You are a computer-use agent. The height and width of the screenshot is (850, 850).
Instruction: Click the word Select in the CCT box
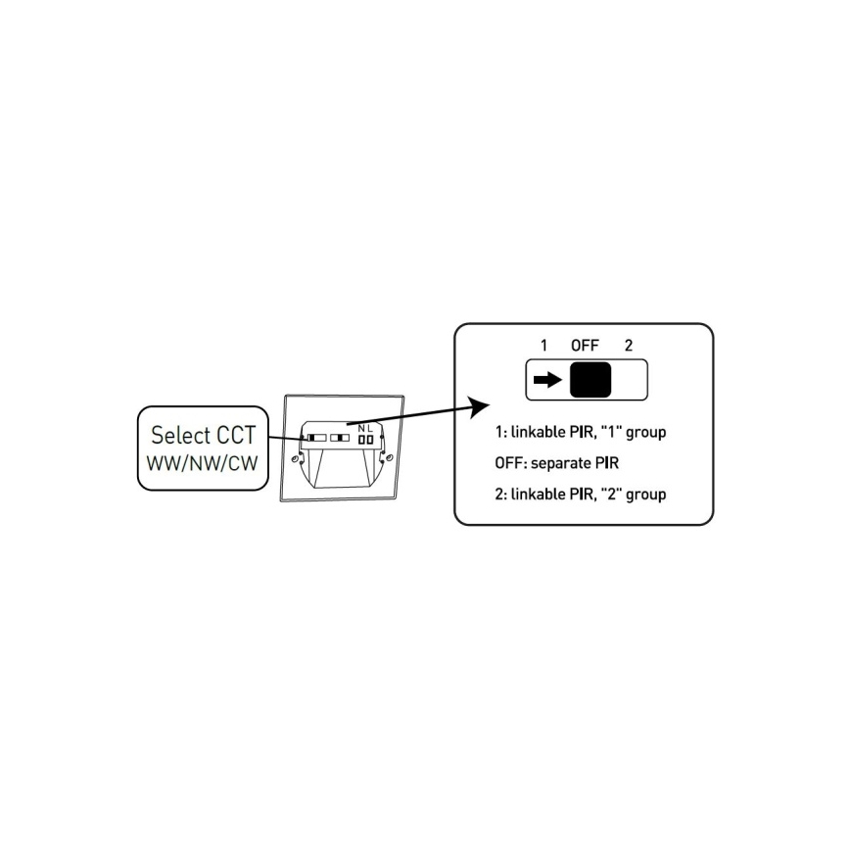click(x=175, y=434)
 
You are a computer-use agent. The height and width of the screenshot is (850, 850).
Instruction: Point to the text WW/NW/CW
click(x=201, y=461)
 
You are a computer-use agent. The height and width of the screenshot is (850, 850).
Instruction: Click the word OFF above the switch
click(x=585, y=345)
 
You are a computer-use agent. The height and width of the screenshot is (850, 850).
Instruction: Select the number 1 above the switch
click(x=543, y=345)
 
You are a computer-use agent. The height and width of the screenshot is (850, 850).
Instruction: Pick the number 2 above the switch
click(x=628, y=345)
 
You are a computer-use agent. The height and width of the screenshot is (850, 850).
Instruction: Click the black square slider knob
click(x=590, y=380)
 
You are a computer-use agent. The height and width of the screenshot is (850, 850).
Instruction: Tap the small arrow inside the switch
click(x=546, y=380)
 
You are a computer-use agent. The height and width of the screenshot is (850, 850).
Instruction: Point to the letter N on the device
click(x=361, y=428)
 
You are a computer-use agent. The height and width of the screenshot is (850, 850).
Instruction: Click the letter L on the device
click(x=370, y=428)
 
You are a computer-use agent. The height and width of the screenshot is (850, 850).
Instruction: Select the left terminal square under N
click(x=360, y=440)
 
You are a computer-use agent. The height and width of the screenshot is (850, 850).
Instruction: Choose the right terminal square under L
click(x=370, y=440)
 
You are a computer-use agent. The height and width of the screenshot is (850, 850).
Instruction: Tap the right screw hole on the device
click(x=390, y=456)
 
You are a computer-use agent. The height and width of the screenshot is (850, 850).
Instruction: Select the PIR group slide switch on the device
click(x=341, y=438)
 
